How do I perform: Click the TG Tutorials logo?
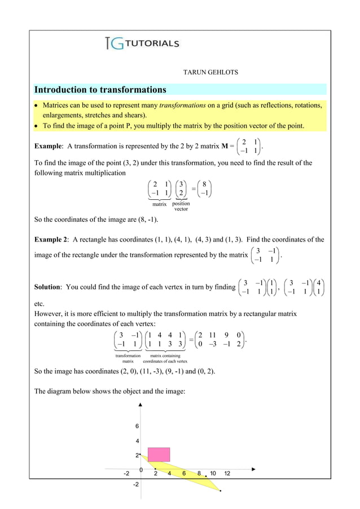(142, 43)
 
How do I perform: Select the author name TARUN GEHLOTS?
(210, 72)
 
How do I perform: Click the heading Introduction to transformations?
(100, 90)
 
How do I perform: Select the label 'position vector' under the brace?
(181, 207)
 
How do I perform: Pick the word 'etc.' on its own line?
(39, 303)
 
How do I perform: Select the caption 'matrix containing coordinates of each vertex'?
(165, 358)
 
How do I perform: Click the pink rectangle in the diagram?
(159, 455)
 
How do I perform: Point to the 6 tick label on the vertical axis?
(137, 426)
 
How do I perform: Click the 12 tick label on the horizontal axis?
(227, 473)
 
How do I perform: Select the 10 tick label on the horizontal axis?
(213, 473)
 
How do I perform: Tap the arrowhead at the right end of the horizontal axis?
(253, 469)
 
